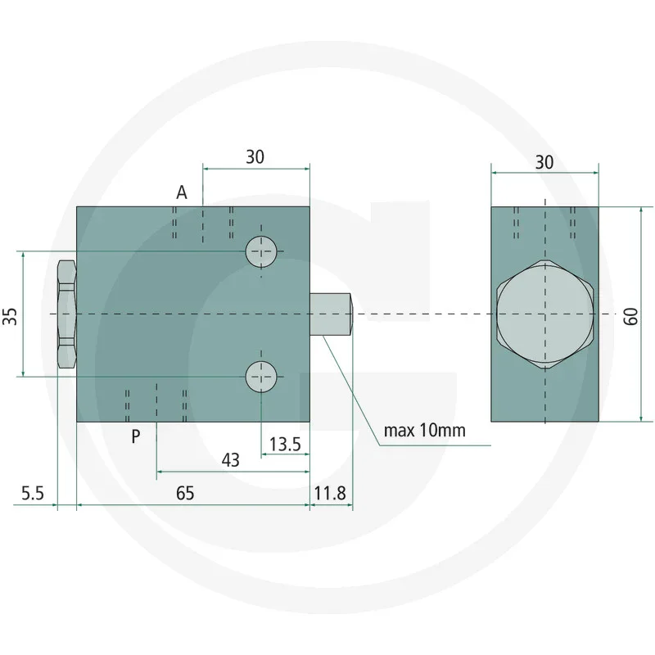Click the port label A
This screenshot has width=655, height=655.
[182, 192]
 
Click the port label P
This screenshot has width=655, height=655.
[136, 436]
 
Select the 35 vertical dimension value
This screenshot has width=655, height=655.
[10, 316]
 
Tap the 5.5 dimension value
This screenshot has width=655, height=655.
[32, 493]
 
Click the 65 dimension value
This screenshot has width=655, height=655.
[185, 493]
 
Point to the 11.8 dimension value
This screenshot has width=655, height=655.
[331, 493]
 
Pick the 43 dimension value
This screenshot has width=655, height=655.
[231, 460]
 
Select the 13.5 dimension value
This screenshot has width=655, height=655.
[286, 445]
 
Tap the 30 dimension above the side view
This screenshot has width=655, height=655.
[544, 161]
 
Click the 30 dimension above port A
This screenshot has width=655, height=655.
[255, 157]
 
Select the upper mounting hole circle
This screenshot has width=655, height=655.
[262, 251]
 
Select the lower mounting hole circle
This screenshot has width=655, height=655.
[262, 377]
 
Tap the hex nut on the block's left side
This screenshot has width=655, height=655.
[65, 314]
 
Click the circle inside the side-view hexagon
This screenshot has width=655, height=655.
[544, 314]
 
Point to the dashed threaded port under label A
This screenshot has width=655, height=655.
[203, 223]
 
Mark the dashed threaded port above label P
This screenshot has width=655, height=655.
[156, 401]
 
